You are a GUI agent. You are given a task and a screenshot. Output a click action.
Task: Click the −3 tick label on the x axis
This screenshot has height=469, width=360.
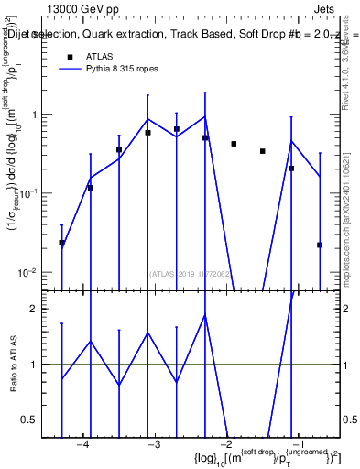154,444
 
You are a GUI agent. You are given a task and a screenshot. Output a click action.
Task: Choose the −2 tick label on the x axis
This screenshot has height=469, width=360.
224,444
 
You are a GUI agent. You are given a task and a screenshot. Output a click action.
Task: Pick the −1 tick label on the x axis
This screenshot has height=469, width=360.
296,444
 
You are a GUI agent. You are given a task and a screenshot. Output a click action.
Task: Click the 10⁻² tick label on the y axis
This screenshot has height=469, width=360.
36,273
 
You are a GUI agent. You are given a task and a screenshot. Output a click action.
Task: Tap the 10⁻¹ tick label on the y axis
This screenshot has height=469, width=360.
36,193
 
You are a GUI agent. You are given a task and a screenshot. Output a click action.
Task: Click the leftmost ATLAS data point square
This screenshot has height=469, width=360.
62,243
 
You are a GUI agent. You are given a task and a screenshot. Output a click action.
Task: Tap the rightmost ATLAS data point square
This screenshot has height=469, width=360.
320,245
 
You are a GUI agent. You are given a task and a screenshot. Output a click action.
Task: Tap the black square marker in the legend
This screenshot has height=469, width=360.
69,57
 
